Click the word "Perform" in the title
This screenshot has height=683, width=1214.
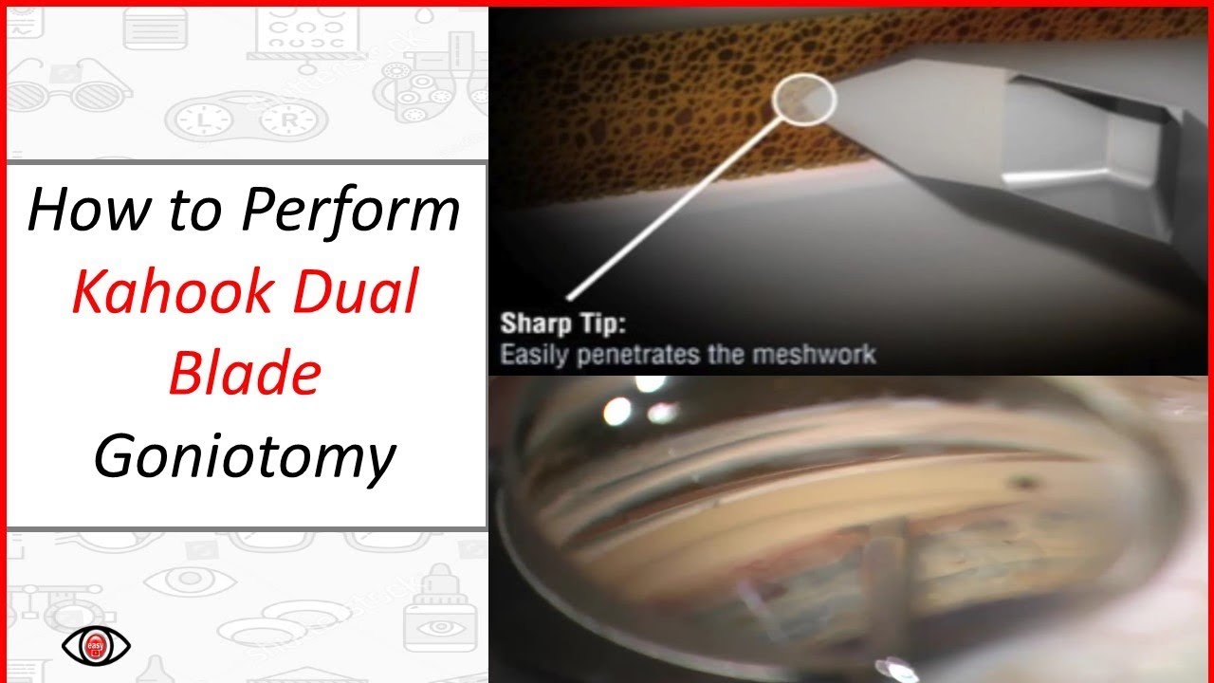point(351,211)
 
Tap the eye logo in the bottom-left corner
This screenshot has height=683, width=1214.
point(96,646)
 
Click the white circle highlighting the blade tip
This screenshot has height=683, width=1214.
point(804,100)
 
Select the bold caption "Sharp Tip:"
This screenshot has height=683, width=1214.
point(563,324)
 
